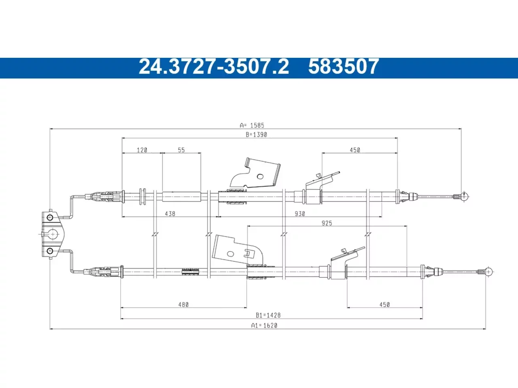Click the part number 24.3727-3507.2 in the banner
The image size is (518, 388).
click(x=214, y=67)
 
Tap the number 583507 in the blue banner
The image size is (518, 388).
click(x=343, y=67)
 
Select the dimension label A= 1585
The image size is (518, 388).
click(x=252, y=125)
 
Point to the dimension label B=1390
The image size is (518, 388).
click(x=256, y=135)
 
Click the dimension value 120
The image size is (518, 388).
click(x=142, y=150)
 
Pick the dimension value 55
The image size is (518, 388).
click(x=181, y=150)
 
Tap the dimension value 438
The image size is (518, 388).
click(x=170, y=214)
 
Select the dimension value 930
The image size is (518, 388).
click(x=300, y=214)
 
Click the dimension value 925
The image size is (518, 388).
click(x=327, y=223)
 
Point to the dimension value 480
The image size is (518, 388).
click(x=183, y=305)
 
